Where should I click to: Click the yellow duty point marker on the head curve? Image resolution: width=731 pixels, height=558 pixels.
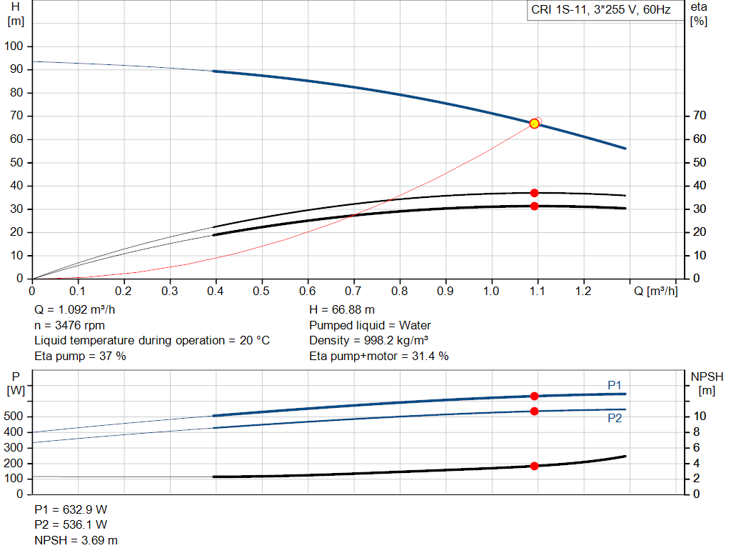pyautogui.click(x=534, y=124)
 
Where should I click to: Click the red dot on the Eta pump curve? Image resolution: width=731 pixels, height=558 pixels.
pyautogui.click(x=534, y=193)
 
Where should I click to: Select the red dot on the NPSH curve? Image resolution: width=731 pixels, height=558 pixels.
pyautogui.click(x=534, y=466)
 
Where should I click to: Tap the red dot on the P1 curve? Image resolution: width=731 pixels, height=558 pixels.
pyautogui.click(x=534, y=396)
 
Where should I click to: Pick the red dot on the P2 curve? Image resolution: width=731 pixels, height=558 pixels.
pyautogui.click(x=534, y=411)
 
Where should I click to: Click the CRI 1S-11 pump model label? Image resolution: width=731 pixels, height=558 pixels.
pyautogui.click(x=601, y=11)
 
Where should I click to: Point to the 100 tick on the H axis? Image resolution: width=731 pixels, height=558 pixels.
pyautogui.click(x=15, y=46)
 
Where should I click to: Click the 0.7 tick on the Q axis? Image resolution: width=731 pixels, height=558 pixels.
pyautogui.click(x=353, y=292)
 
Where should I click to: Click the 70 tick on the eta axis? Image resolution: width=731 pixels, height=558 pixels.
pyautogui.click(x=700, y=116)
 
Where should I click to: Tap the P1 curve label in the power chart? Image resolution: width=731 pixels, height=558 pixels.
pyautogui.click(x=615, y=385)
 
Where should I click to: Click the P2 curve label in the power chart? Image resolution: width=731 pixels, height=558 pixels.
pyautogui.click(x=615, y=418)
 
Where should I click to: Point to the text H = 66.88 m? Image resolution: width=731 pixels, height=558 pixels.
pyautogui.click(x=342, y=310)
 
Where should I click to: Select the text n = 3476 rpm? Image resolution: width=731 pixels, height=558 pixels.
pyautogui.click(x=70, y=325)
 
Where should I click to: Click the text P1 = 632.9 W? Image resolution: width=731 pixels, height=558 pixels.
pyautogui.click(x=71, y=509)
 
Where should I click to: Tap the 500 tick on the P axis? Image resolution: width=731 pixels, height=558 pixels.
pyautogui.click(x=16, y=417)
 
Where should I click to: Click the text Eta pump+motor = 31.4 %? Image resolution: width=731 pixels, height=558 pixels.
pyautogui.click(x=379, y=356)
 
